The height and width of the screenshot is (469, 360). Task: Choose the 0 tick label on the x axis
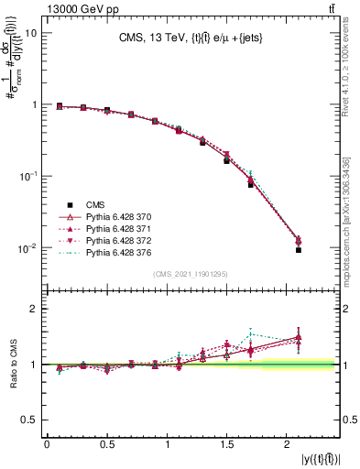(47, 445)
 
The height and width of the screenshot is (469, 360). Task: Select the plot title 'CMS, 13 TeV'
(191, 38)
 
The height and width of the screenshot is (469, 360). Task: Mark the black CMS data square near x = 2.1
(299, 249)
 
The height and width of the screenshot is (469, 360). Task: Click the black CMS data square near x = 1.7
(250, 184)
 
